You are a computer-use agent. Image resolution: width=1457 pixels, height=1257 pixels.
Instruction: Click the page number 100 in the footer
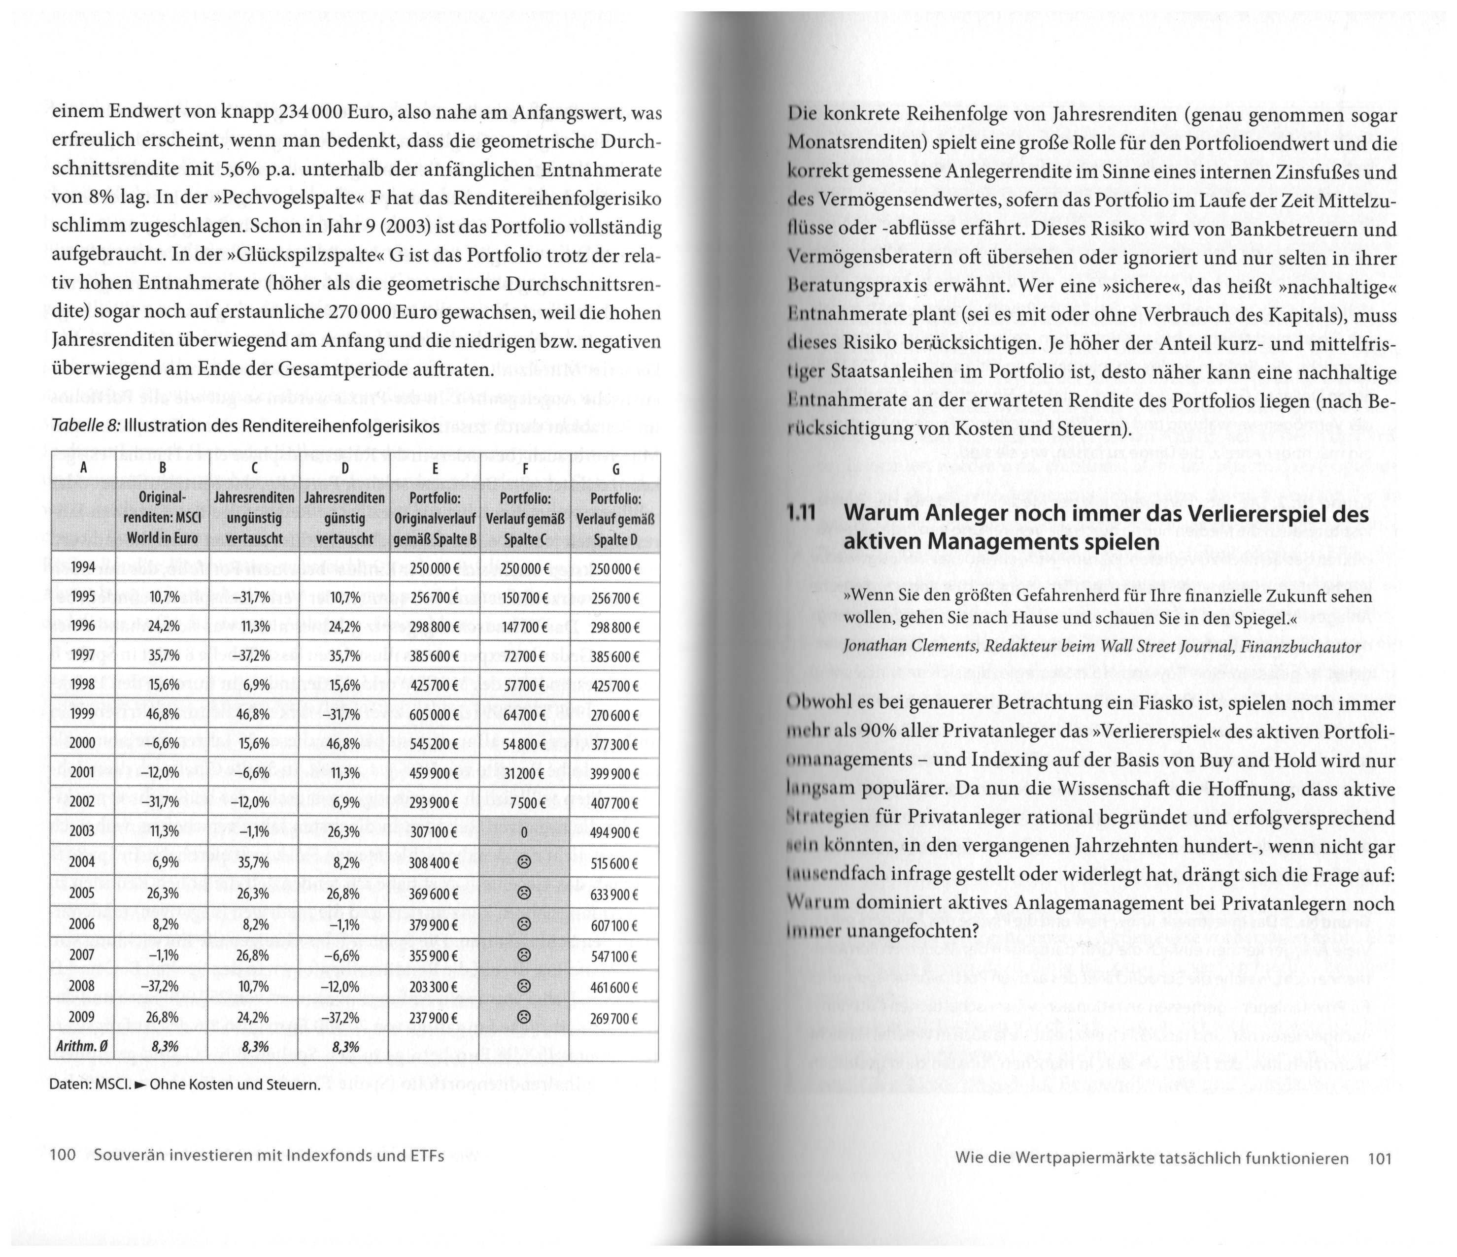(63, 1156)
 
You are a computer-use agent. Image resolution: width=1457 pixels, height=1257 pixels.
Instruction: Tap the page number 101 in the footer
(1379, 1158)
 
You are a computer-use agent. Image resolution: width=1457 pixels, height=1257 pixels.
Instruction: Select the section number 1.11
(802, 515)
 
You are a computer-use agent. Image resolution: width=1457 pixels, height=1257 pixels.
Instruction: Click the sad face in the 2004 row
(523, 862)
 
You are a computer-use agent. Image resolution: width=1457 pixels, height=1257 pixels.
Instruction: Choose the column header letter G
(615, 469)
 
